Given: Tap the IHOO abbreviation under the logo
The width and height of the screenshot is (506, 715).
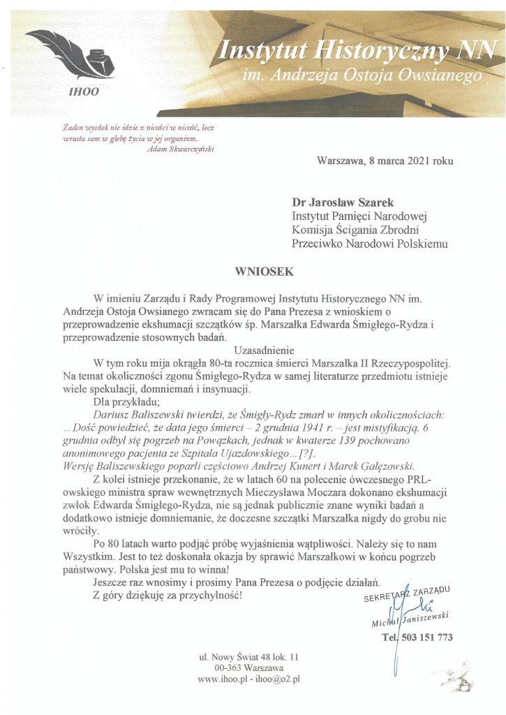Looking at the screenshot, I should pos(84,90).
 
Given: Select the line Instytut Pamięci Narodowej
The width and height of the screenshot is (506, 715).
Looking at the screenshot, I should pos(364,216).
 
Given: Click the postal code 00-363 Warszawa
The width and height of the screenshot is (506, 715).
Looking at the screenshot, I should pos(249,668).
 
